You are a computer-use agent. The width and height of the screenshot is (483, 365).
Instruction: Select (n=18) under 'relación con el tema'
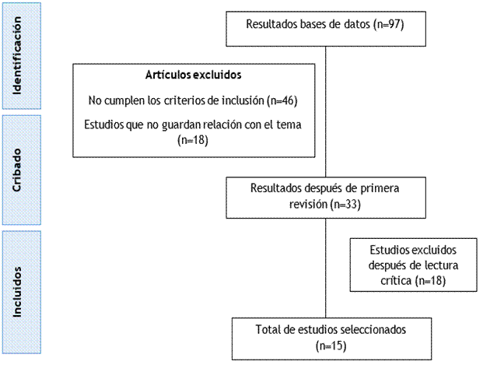point(194,140)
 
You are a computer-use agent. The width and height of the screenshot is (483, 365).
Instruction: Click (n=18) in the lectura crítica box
point(429,279)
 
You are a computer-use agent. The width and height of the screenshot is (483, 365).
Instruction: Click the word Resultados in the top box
point(273,24)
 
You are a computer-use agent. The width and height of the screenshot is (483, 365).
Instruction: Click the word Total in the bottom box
point(268,329)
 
